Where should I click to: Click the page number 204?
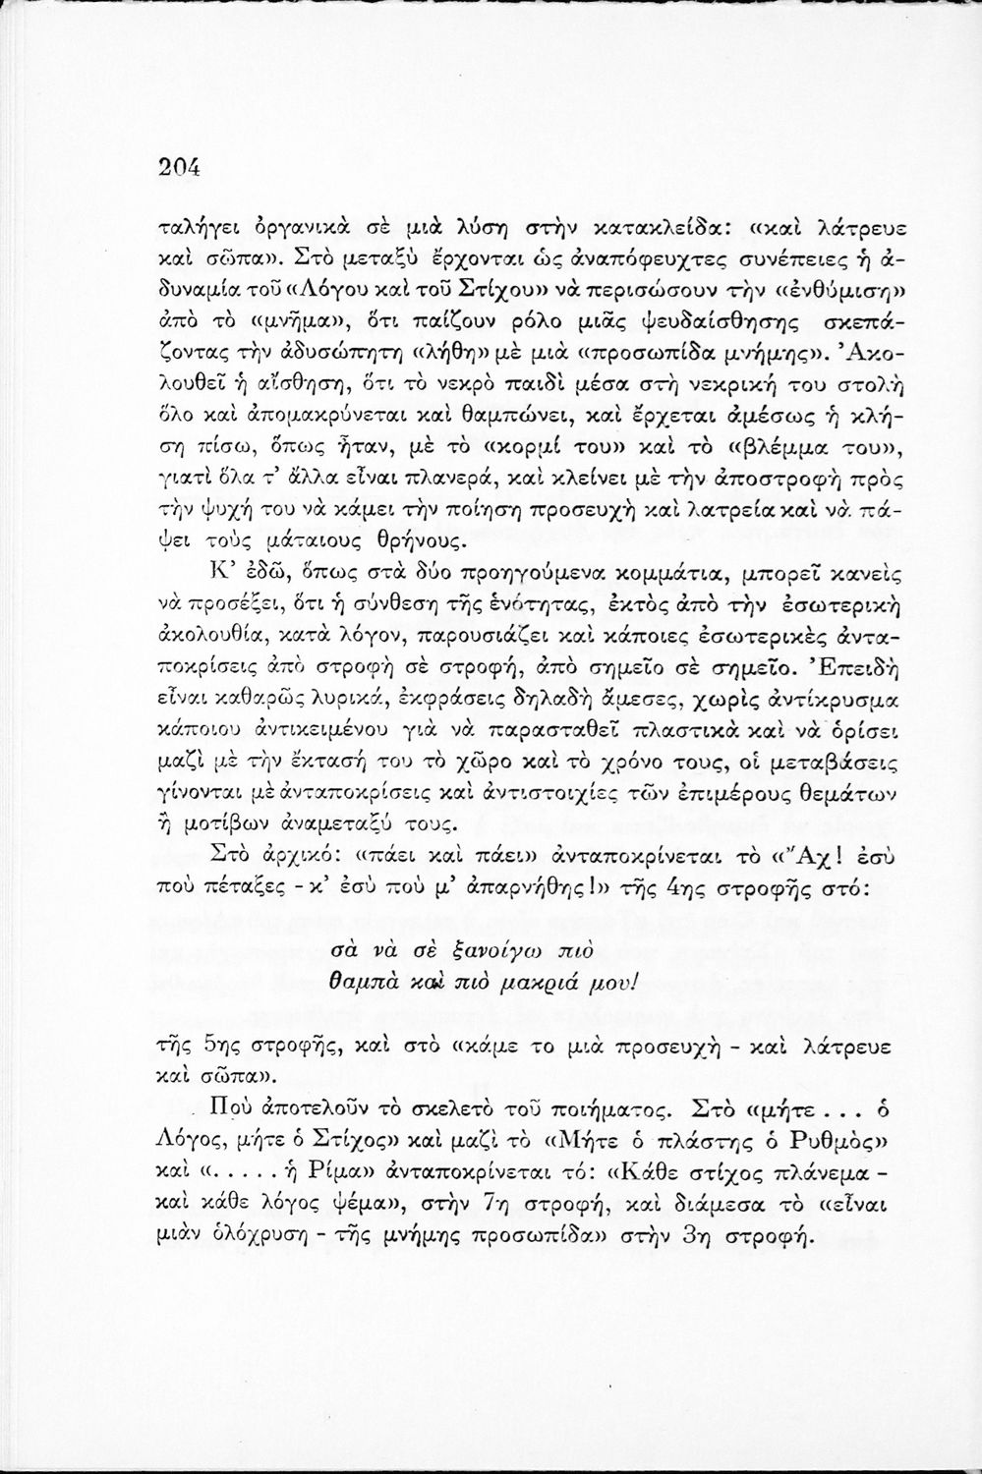click(x=179, y=167)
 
